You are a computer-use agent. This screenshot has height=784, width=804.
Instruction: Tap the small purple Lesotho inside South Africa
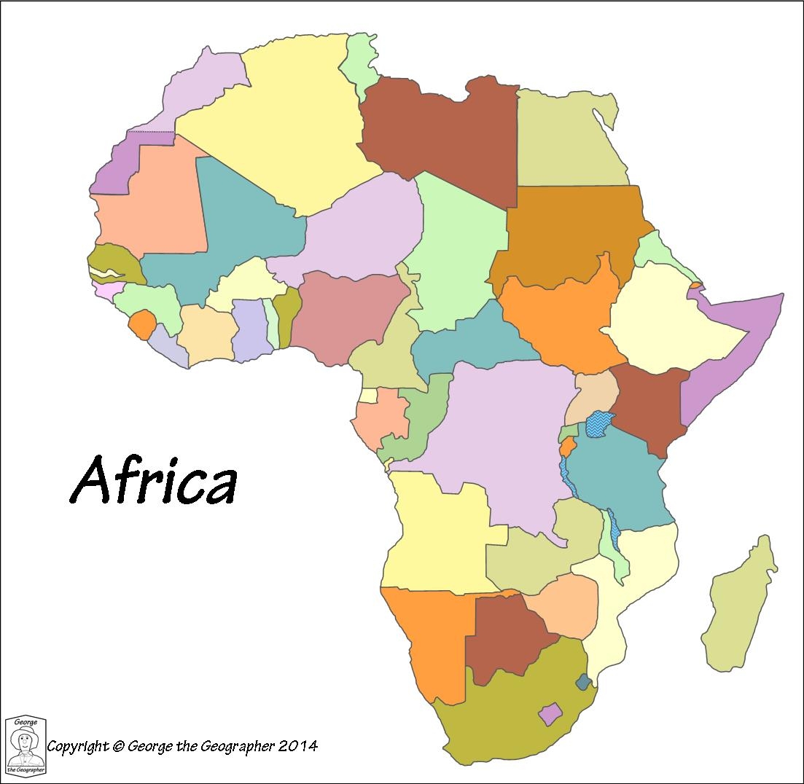click(550, 713)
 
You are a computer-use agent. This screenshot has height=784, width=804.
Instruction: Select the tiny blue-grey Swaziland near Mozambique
click(583, 683)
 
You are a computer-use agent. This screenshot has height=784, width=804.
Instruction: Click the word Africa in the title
click(154, 481)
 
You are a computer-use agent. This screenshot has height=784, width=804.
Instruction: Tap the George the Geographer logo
click(26, 745)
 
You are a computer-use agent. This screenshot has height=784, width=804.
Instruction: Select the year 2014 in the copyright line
click(298, 745)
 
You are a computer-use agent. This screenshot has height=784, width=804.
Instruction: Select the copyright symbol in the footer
click(119, 746)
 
